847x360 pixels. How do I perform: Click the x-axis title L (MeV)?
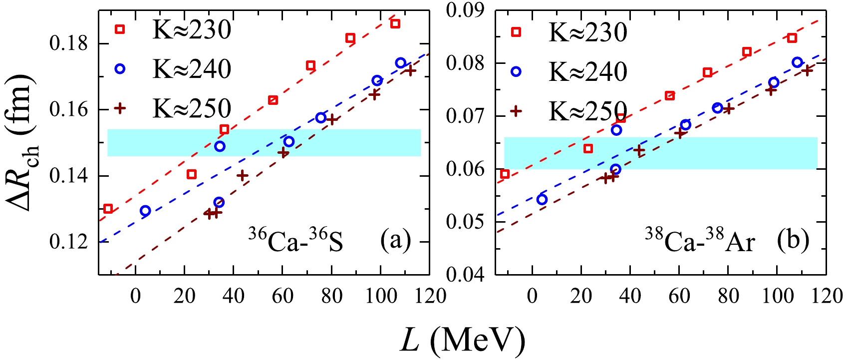(462, 340)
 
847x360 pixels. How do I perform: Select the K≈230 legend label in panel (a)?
(192, 30)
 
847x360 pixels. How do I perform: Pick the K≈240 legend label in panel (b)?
(587, 72)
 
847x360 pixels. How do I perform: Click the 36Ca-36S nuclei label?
(295, 242)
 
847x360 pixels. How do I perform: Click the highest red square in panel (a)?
(395, 23)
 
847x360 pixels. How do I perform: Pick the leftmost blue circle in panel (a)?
(145, 211)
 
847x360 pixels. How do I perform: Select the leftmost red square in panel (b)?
(505, 174)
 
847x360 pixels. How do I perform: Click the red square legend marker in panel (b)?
(516, 32)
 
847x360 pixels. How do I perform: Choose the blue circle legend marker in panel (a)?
(120, 69)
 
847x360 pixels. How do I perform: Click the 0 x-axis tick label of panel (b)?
(533, 296)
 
